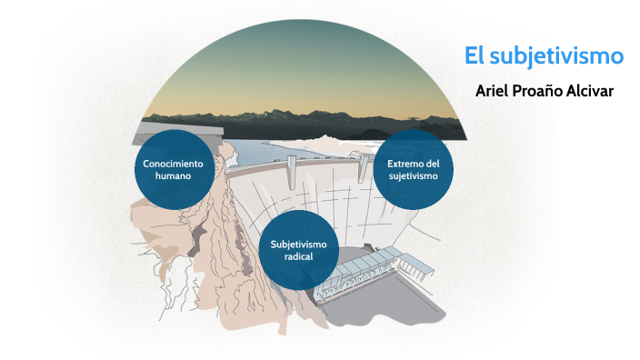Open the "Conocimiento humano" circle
[x=179, y=169]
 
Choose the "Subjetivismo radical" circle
[x=299, y=249]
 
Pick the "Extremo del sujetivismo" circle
[x=413, y=169]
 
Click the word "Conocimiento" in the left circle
[x=179, y=163]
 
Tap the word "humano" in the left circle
[x=179, y=175]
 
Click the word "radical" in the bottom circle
[x=299, y=256]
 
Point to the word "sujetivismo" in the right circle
[x=413, y=175]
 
